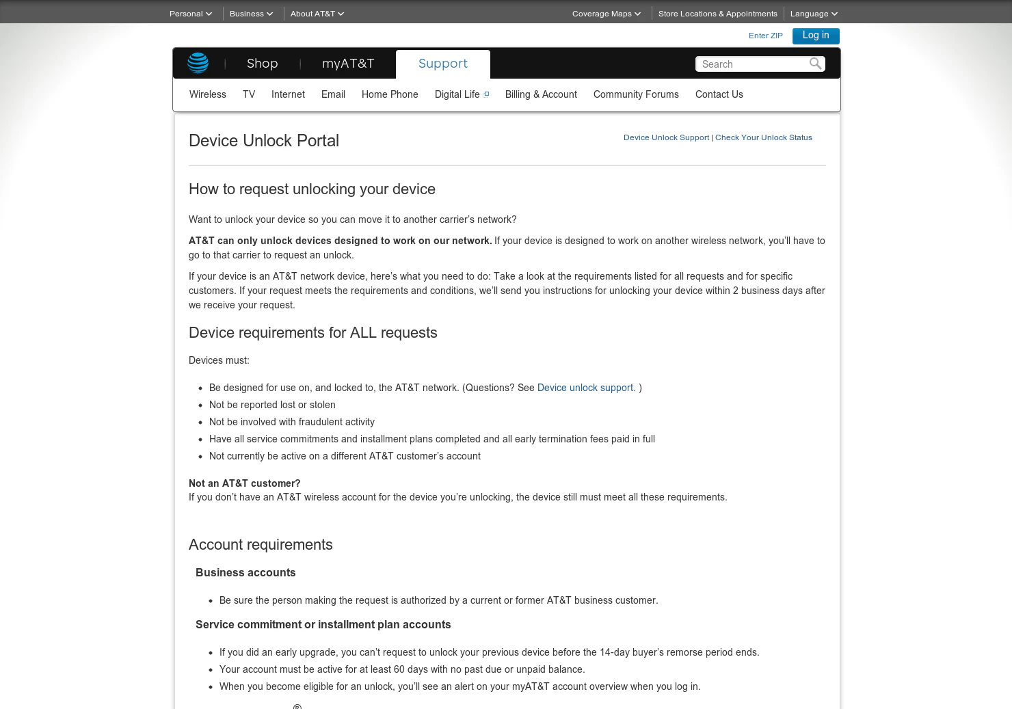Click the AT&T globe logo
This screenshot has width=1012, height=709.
(x=198, y=63)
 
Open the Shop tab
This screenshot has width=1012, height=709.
(x=262, y=64)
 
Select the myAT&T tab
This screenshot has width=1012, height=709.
(x=348, y=64)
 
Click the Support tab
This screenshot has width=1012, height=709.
(x=443, y=64)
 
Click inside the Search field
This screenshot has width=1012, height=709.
(x=752, y=64)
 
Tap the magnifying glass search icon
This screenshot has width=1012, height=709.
(x=815, y=64)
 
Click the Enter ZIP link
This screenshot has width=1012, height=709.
(x=765, y=36)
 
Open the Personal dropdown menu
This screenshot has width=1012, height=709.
(x=190, y=14)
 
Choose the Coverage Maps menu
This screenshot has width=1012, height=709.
(x=606, y=14)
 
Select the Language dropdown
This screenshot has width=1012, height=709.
(x=813, y=14)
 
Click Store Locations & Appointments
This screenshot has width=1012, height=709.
(x=717, y=14)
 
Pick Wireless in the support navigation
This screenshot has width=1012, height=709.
(x=208, y=94)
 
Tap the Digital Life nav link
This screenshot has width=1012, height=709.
(x=457, y=94)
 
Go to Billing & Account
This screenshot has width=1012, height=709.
(x=541, y=94)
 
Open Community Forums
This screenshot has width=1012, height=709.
(x=636, y=94)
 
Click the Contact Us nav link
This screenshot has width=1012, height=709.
(x=719, y=94)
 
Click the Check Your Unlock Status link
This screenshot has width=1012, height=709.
(x=763, y=137)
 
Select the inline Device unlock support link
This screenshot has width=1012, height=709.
(x=586, y=388)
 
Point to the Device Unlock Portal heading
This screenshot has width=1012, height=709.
(x=264, y=141)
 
